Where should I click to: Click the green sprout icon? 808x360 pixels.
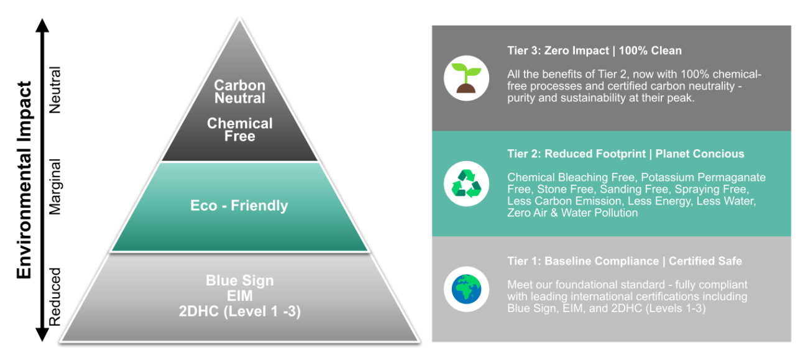click(466, 78)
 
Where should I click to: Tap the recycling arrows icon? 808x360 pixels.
click(466, 183)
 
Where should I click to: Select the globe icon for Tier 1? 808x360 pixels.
click(466, 289)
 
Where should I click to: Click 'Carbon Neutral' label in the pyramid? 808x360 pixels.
click(240, 91)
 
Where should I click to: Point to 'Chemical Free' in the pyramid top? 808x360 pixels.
click(240, 129)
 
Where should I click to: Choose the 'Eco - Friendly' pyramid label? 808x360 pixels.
click(239, 206)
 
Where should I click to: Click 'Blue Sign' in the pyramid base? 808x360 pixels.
click(240, 280)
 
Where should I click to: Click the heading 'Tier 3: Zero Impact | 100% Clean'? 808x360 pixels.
click(594, 51)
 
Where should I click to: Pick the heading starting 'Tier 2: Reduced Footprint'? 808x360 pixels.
click(625, 154)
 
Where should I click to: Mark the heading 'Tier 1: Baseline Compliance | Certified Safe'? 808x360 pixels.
click(624, 261)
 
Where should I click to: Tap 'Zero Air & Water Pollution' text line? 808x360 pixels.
click(572, 213)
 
